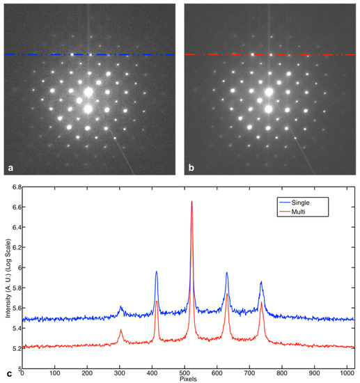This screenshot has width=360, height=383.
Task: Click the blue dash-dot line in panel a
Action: [x=42, y=54]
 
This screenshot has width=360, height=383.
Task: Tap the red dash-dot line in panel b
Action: [x=223, y=54]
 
